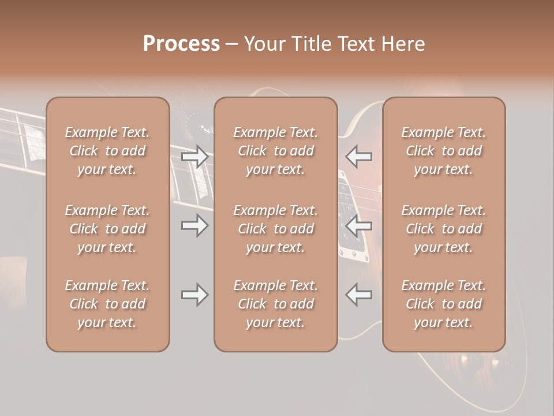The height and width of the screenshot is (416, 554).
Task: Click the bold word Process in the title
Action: click(x=181, y=44)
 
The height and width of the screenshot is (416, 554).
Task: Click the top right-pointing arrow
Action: click(x=194, y=157)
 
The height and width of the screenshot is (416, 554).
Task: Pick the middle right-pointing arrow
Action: click(x=194, y=225)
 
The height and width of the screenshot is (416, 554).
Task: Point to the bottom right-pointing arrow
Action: click(x=194, y=295)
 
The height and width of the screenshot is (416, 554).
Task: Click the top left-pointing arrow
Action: click(x=359, y=157)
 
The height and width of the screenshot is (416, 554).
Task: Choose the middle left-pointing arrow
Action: click(x=359, y=225)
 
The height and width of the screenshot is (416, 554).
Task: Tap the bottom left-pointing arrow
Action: click(x=359, y=295)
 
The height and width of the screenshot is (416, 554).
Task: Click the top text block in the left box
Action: click(x=107, y=151)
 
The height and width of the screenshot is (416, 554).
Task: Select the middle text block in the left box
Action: click(x=107, y=229)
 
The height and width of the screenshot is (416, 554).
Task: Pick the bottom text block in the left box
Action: click(x=107, y=304)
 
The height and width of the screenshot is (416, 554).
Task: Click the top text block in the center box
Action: click(x=275, y=151)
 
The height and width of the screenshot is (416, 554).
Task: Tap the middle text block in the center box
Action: click(x=275, y=229)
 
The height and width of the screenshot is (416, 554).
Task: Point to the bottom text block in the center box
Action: click(x=275, y=304)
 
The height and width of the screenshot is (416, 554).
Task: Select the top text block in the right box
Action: click(x=444, y=151)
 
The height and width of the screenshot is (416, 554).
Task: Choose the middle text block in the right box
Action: click(x=444, y=229)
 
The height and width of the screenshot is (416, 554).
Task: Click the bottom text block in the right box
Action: click(x=444, y=304)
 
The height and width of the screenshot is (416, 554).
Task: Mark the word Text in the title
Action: click(x=357, y=44)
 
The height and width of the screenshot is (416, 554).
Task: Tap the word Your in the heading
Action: click(x=263, y=44)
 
